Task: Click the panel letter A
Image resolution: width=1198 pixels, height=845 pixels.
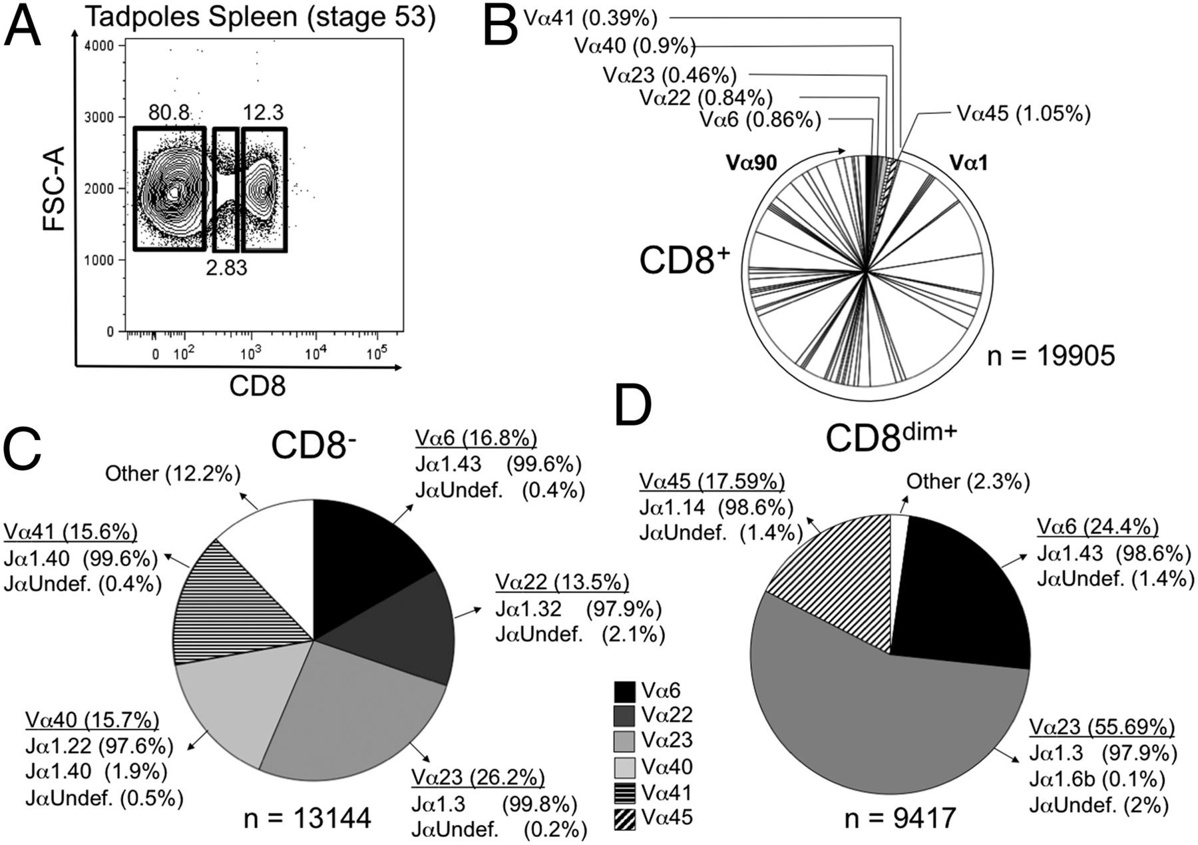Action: pos(23,25)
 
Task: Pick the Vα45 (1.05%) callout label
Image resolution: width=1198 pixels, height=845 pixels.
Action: pos(1024,114)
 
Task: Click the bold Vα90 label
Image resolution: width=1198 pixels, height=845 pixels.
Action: pos(751,162)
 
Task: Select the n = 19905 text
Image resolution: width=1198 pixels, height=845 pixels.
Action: pos(1050,356)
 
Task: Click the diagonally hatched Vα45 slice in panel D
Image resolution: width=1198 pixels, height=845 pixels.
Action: pos(839,573)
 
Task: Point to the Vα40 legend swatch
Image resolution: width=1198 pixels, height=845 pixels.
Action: pos(625,767)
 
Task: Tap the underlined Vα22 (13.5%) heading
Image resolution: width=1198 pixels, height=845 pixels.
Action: pos(562,582)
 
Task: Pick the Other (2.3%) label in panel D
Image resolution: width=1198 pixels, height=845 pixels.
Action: pos(968,481)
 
